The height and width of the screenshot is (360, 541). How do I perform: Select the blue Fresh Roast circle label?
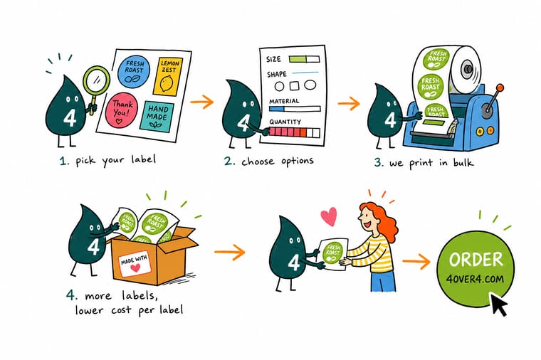[134, 71]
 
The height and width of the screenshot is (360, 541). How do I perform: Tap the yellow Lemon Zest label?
[168, 77]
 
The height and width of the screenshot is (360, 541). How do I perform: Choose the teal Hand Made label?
[157, 116]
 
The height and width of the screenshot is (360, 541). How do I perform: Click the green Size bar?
[305, 59]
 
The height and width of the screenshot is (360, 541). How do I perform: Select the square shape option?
[294, 85]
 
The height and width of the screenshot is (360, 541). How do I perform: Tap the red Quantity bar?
[294, 132]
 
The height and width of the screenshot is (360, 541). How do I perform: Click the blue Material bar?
[295, 109]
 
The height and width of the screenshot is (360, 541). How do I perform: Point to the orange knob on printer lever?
[500, 88]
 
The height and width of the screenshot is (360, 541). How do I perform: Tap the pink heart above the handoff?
[329, 216]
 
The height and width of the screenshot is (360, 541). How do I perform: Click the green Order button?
[476, 268]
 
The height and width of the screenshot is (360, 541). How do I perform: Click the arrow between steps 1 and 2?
[202, 102]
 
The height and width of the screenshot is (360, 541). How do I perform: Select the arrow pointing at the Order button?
[416, 263]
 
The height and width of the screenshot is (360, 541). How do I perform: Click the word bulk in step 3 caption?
[462, 162]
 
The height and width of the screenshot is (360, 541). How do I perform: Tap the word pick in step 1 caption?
[85, 161]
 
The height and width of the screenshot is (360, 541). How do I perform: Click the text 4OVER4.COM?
[475, 279]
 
